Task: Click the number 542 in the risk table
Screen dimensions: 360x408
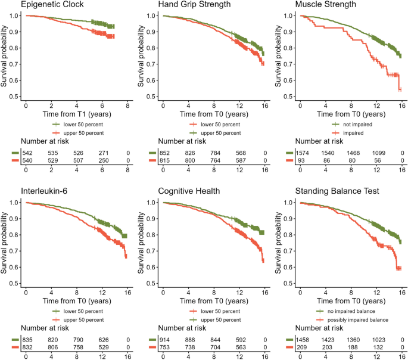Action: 27,153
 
